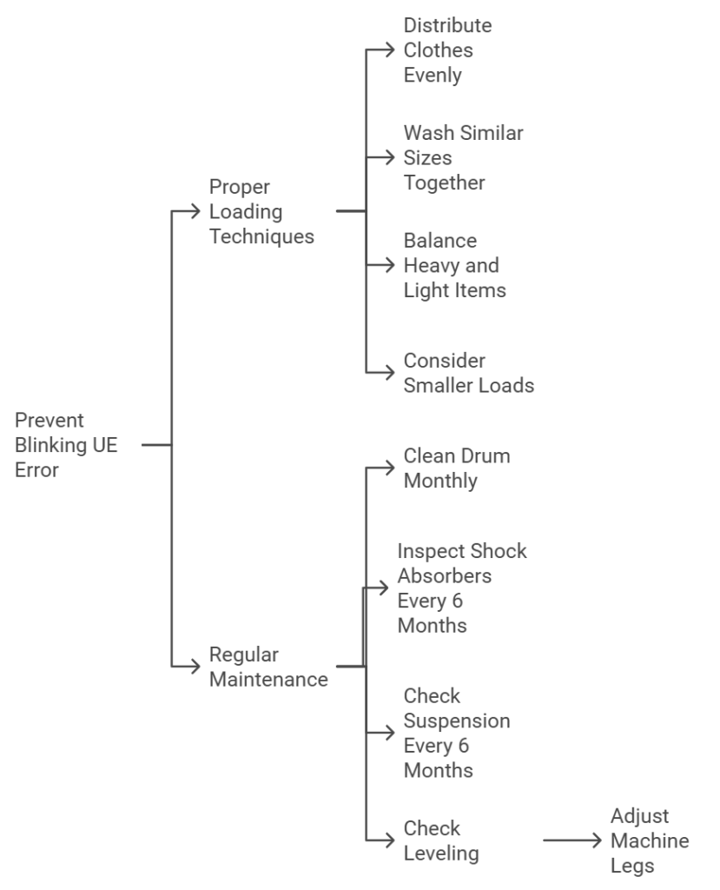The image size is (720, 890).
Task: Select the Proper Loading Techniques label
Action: [x=261, y=211]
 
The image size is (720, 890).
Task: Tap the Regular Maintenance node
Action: [x=268, y=667]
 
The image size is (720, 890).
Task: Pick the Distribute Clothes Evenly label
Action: [x=447, y=50]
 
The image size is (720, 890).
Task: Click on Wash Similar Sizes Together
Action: [x=463, y=158]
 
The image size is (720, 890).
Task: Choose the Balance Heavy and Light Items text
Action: [x=454, y=265]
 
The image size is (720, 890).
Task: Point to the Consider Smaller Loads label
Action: [x=468, y=372]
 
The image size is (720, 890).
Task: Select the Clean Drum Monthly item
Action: [x=456, y=468]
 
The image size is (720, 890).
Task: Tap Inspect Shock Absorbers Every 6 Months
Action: [x=461, y=588]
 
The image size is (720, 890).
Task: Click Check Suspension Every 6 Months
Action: [x=456, y=733]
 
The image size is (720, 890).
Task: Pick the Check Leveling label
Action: [x=440, y=840]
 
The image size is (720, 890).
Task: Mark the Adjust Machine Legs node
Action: [x=649, y=840]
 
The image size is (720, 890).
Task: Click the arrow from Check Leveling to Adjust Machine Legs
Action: [x=571, y=840]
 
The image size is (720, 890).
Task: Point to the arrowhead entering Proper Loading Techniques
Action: [x=196, y=211]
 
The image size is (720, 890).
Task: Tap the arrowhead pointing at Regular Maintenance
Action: [x=196, y=667]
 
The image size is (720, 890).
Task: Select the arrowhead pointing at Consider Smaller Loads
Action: [x=391, y=372]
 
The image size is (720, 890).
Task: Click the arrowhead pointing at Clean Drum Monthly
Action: [x=391, y=468]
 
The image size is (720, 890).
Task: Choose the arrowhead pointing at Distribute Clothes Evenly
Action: [x=391, y=50]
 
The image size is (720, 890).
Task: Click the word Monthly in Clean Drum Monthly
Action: [x=440, y=480]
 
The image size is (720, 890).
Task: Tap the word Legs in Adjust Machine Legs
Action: [x=631, y=866]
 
